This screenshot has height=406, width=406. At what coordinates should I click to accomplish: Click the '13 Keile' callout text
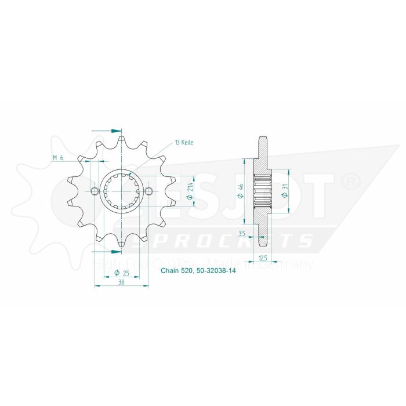click(184, 142)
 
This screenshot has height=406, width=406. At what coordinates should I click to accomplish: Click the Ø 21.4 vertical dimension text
click(190, 191)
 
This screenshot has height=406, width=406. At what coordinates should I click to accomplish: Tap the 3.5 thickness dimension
click(243, 233)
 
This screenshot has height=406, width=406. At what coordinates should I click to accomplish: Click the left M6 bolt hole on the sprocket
click(95, 192)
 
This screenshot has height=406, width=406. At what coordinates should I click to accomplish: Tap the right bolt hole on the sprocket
click(148, 192)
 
